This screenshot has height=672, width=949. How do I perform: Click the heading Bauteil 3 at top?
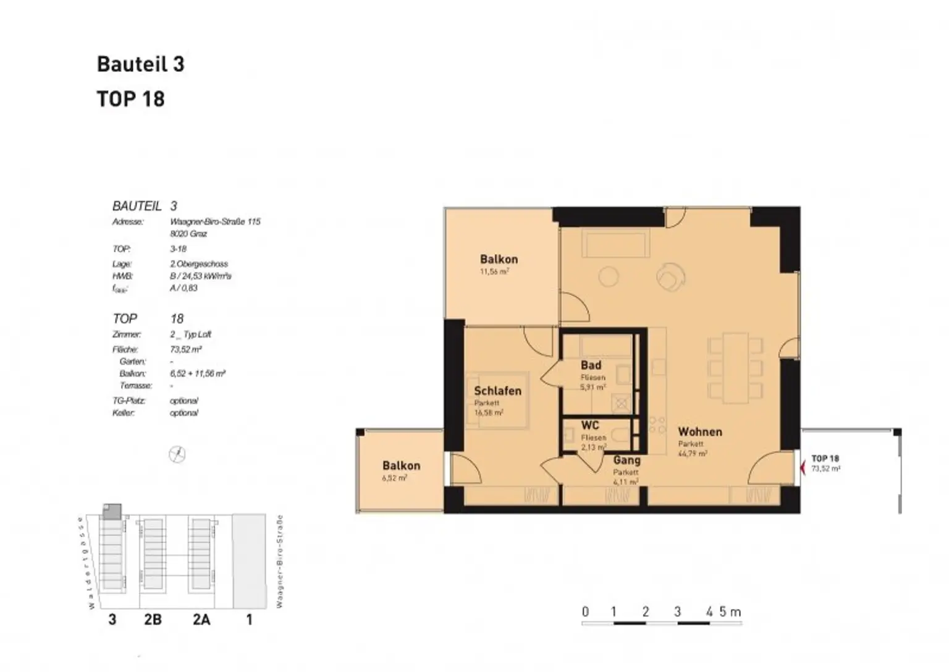[140, 64]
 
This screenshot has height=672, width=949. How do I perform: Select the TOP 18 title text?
[130, 99]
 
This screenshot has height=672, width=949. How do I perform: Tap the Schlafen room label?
[497, 391]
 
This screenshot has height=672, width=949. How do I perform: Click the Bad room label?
[591, 365]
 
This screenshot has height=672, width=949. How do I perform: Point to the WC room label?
[590, 425]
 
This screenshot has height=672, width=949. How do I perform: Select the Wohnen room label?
[699, 432]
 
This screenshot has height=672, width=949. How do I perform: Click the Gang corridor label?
[626, 460]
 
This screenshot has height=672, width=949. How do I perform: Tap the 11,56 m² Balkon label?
[499, 259]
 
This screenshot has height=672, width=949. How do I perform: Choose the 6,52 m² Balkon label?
[401, 466]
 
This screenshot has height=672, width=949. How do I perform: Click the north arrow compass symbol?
[177, 454]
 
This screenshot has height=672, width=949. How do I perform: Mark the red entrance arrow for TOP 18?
[802, 468]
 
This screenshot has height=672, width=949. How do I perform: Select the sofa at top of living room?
[615, 244]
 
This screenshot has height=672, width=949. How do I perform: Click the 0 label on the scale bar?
[585, 612]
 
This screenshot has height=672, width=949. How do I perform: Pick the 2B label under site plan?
[153, 619]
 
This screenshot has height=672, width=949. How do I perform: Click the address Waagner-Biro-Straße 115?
[214, 221]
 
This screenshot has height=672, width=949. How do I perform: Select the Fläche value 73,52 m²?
[185, 349]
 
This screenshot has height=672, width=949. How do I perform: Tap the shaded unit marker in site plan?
[112, 511]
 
